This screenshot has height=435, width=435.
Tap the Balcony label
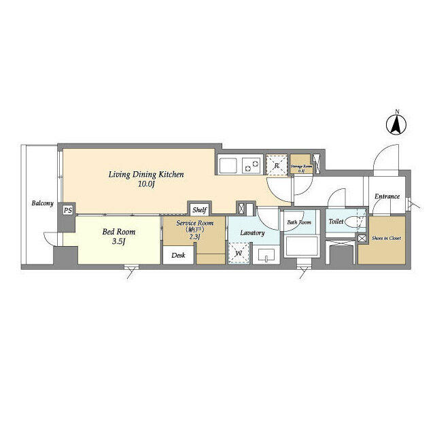click(41, 203)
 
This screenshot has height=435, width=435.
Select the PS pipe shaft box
click(67, 210)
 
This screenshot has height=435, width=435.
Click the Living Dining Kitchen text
click(146, 175)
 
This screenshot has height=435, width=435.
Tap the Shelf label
click(199, 210)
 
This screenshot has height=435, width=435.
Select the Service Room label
click(195, 223)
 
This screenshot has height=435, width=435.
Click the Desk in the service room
click(178, 256)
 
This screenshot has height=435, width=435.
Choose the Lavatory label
click(251, 233)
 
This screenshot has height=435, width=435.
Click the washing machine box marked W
click(239, 254)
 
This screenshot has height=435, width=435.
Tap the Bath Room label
click(299, 222)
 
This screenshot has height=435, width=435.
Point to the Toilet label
click(336, 222)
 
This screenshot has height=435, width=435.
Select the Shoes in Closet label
click(386, 238)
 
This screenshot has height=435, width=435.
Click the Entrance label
click(387, 197)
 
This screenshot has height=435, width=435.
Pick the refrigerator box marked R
click(277, 164)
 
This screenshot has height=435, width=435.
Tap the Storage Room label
click(301, 164)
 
